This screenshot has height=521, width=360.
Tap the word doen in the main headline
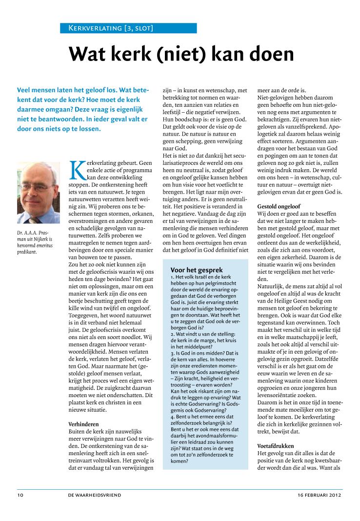click(267, 55)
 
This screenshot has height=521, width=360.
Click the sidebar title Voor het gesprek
click(197, 270)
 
